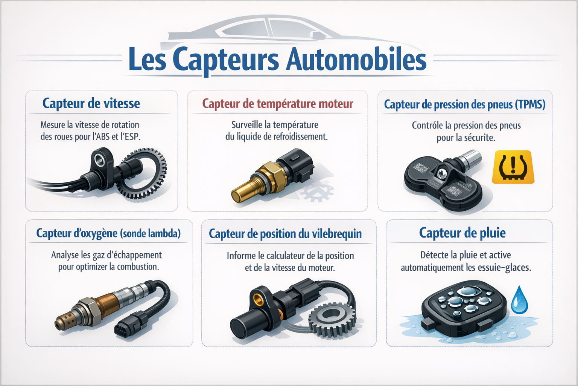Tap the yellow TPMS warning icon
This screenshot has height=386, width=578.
click(513, 167)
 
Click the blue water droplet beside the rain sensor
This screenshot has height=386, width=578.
click(519, 300)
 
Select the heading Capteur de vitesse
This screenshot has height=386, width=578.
click(91, 103)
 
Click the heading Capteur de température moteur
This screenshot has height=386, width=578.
click(277, 104)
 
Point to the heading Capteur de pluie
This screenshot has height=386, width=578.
click(462, 233)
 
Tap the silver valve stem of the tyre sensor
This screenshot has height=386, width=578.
click(470, 158)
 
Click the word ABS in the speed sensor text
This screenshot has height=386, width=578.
click(103, 137)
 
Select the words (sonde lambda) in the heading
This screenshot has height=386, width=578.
click(150, 233)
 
